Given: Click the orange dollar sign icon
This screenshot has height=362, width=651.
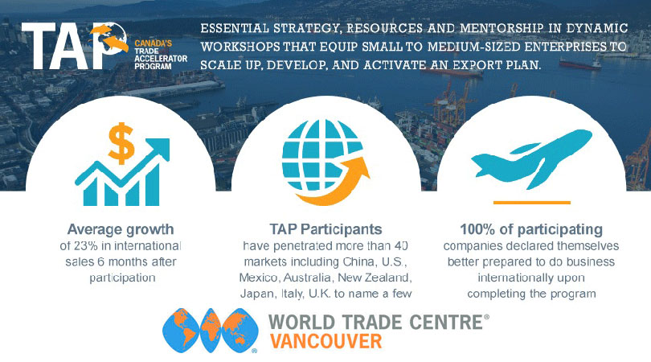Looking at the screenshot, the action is (x=121, y=143).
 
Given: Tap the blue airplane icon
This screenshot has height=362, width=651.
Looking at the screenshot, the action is (x=531, y=158).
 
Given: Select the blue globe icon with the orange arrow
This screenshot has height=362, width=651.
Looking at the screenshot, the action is (x=325, y=162).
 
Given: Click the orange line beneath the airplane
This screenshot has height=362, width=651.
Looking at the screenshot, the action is (x=532, y=203).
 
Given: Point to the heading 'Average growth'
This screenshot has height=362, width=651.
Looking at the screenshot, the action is (x=121, y=229).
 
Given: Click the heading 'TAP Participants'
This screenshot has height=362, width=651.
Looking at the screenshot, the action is (x=325, y=229).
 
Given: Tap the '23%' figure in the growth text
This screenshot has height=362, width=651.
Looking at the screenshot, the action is (x=86, y=245).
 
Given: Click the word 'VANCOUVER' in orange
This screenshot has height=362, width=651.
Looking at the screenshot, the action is (x=326, y=341).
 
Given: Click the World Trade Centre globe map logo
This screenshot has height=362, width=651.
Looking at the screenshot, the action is (x=211, y=331).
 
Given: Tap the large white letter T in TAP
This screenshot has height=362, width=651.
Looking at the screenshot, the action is (x=39, y=46).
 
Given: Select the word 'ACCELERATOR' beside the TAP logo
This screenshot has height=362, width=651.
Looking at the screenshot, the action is (x=161, y=59).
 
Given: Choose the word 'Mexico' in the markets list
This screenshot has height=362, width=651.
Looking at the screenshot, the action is (x=258, y=278).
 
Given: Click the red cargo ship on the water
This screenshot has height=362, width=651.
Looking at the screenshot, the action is (x=580, y=64).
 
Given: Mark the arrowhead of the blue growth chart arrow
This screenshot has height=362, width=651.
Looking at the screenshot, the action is (x=161, y=146).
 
